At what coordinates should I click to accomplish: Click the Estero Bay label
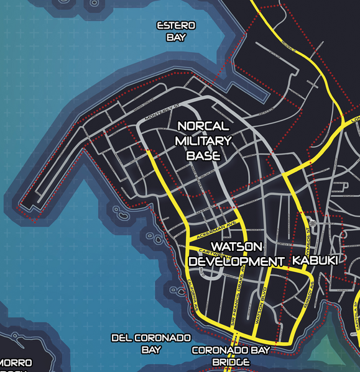coord(177,31)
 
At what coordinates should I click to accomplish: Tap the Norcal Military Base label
coord(203,141)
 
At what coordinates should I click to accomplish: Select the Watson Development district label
coord(235,254)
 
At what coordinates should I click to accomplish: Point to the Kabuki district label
coord(315,261)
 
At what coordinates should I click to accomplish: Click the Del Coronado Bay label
coord(150,343)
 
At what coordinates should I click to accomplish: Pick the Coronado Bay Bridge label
coord(230,356)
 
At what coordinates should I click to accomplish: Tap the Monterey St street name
coord(161,112)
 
